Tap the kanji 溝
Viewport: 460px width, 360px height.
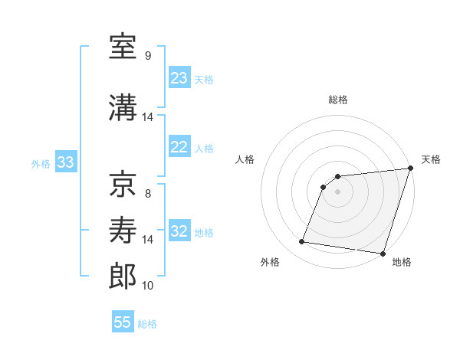pyautogui.click(x=123, y=108)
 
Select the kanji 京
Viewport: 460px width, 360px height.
pyautogui.click(x=123, y=185)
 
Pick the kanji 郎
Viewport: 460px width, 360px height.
pyautogui.click(x=123, y=277)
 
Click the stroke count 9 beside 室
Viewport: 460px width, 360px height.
pyautogui.click(x=148, y=56)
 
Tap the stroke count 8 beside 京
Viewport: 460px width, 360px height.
pyautogui.click(x=148, y=194)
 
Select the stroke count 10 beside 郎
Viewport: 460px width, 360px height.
pyautogui.click(x=148, y=286)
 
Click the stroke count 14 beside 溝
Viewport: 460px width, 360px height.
pyautogui.click(x=148, y=117)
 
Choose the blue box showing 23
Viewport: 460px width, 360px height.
pyautogui.click(x=179, y=78)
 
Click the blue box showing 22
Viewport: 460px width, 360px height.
pyautogui.click(x=179, y=147)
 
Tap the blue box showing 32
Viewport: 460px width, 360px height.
pyautogui.click(x=179, y=231)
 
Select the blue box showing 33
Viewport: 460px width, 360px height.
pyautogui.click(x=65, y=162)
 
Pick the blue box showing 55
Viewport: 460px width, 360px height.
pyautogui.click(x=123, y=322)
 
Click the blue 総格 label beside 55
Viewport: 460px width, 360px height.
pyautogui.click(x=147, y=324)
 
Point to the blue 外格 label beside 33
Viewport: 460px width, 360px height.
pyautogui.click(x=41, y=163)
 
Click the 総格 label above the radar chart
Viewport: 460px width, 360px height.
pyautogui.click(x=338, y=100)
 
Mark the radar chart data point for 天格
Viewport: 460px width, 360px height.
pyautogui.click(x=410, y=169)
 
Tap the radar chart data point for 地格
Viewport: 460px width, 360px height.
pyautogui.click(x=383, y=254)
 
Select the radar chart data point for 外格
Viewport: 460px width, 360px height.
pyautogui.click(x=302, y=242)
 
